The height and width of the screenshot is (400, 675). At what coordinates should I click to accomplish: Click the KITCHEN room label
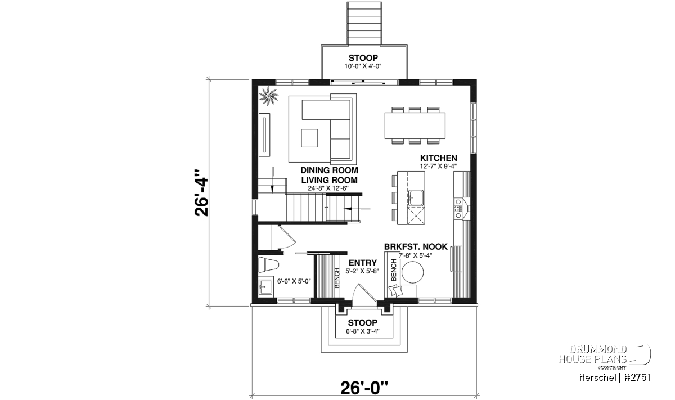(x=438, y=158)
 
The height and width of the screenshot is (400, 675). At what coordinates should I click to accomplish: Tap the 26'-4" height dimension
(x=201, y=193)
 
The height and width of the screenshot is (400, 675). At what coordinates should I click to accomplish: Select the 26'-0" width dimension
(x=364, y=388)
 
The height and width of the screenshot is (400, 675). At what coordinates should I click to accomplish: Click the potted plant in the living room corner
(x=268, y=96)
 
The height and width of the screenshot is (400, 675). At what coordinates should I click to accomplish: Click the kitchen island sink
(x=416, y=197)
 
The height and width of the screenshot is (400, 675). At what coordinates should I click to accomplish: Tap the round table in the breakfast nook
(x=413, y=272)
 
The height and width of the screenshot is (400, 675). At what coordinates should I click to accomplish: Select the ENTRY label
(x=362, y=263)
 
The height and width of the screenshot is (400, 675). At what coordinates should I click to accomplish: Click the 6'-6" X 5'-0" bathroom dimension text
(x=294, y=281)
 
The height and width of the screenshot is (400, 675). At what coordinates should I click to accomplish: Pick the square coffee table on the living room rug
(x=309, y=138)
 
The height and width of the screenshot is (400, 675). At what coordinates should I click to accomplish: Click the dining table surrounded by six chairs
(x=415, y=125)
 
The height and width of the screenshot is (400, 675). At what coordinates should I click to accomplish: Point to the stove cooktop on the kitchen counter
(x=458, y=208)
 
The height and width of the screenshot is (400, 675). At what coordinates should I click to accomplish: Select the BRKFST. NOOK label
(x=416, y=246)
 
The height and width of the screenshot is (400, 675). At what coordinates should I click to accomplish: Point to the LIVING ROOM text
(x=330, y=180)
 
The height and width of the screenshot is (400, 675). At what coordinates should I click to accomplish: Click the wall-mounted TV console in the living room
(x=264, y=135)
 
